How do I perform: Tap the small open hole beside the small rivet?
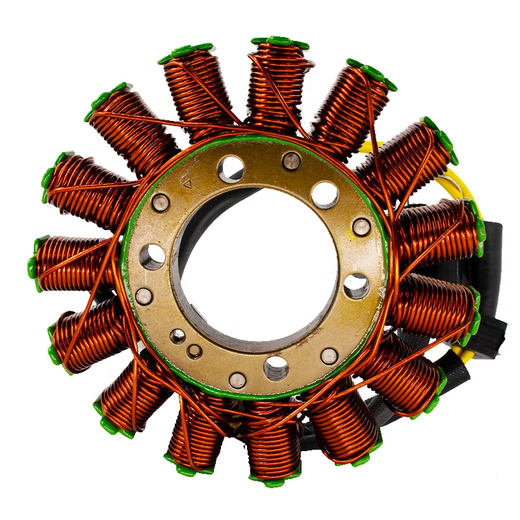coord(177,335)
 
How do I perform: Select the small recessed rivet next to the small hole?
coord(194,351)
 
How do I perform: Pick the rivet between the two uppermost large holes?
coord(291,160)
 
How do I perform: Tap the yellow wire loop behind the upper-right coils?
coord(455,188)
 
